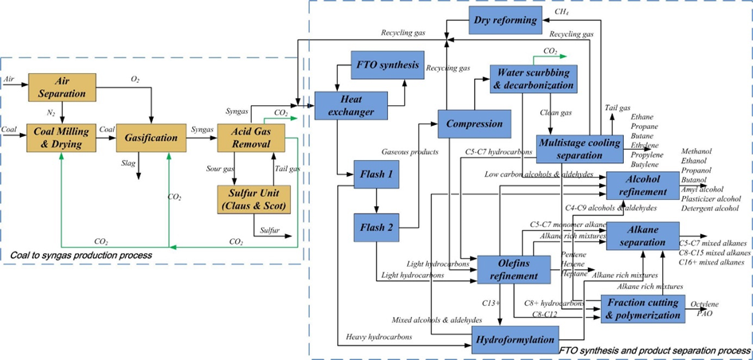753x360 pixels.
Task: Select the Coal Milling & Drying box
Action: [x=61, y=137]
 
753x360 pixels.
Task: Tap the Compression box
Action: [x=474, y=123]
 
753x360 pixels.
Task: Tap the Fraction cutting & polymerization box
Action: [x=642, y=308]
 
